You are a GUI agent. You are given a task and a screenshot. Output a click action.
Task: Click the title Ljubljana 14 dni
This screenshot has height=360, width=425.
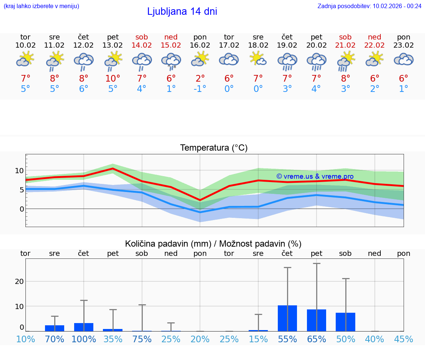[182, 11]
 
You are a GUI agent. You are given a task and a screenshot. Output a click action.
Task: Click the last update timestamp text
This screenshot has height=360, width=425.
[369, 6]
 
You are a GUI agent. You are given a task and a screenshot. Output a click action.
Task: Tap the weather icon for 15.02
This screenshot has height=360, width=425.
[171, 61]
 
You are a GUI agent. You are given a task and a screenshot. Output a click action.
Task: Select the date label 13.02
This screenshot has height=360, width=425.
[113, 45]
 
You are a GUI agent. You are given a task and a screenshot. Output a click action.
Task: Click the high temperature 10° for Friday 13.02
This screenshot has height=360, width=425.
[113, 78]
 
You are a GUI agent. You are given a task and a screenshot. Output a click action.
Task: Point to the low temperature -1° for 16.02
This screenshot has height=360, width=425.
[200, 89]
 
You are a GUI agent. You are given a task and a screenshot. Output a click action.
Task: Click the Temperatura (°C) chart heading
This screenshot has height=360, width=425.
[214, 148]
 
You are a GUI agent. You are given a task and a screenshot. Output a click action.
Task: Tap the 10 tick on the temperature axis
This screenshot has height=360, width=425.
[19, 171]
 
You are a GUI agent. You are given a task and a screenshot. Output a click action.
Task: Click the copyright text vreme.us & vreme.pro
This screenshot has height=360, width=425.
[315, 176]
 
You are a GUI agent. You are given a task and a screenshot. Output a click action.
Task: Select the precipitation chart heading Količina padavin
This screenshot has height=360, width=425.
[213, 244]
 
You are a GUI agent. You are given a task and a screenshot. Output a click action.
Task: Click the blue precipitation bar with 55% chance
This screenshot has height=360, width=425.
[287, 318]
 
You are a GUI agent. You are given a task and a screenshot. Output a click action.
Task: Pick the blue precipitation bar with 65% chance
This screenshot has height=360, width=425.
[317, 320]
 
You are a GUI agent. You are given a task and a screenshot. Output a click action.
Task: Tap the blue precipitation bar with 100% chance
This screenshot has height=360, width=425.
[84, 327]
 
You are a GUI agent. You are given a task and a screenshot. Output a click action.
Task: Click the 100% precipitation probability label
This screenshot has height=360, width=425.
[84, 339]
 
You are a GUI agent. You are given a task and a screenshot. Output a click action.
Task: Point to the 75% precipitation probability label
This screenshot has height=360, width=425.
[142, 339]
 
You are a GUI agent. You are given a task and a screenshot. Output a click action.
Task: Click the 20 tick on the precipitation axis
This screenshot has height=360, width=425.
[19, 281]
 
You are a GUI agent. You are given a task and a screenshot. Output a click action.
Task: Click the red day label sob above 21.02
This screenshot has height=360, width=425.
[345, 37]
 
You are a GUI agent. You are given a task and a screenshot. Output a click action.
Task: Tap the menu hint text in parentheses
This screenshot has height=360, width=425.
[41, 6]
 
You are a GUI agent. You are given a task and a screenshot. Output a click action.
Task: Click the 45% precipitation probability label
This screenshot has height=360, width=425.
[404, 339]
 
